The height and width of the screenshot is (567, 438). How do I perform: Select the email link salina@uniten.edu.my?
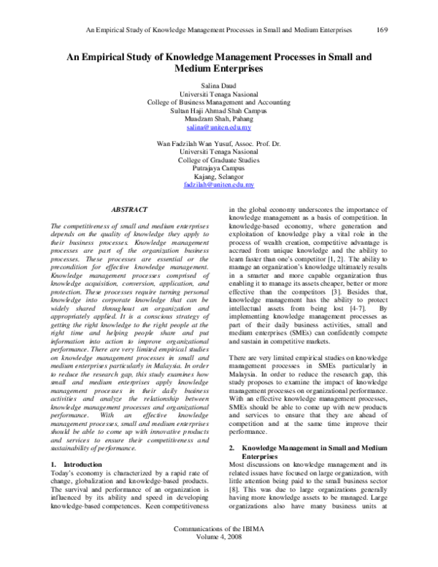click(x=220, y=126)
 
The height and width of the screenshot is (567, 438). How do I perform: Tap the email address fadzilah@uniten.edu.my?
click(x=220, y=186)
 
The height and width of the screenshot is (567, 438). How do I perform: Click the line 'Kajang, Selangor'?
click(x=220, y=177)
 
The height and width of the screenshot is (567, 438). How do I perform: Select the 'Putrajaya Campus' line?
click(x=220, y=167)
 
